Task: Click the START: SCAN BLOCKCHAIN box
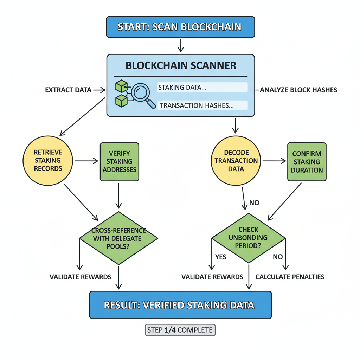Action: (x=180, y=27)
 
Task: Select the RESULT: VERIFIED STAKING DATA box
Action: (x=180, y=304)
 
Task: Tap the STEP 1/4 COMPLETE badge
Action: (x=180, y=330)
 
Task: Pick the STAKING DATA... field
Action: (x=202, y=88)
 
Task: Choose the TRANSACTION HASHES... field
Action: (x=202, y=105)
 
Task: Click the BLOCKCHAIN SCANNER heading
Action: (x=181, y=65)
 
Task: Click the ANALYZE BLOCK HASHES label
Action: (x=298, y=90)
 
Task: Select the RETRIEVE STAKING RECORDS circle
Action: (x=48, y=160)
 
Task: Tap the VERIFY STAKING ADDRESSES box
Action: (x=119, y=162)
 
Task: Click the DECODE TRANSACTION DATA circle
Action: (x=236, y=161)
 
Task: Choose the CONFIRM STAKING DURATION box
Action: (x=307, y=162)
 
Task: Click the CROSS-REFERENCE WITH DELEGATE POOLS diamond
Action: (x=119, y=238)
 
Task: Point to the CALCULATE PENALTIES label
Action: (x=290, y=277)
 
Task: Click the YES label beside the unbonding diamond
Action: (x=220, y=257)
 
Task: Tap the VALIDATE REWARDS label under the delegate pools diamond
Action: (x=80, y=277)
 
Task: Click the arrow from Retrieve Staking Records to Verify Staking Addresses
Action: (x=86, y=161)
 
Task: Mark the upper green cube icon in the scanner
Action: (x=122, y=86)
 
